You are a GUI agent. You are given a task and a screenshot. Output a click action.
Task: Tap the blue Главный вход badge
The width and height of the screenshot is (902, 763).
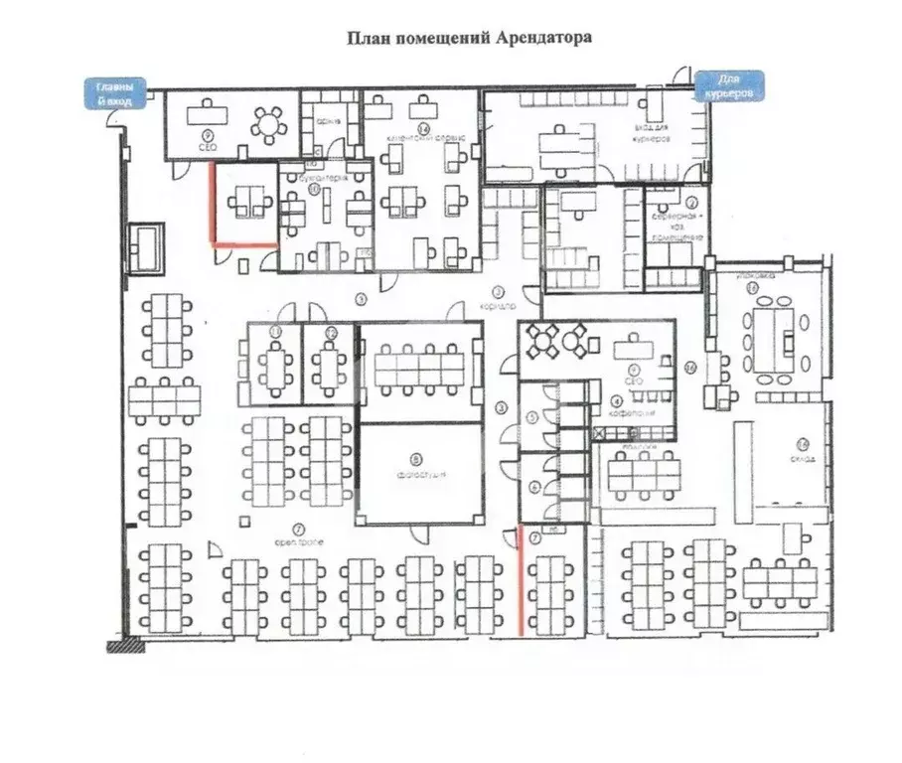pos(113,92)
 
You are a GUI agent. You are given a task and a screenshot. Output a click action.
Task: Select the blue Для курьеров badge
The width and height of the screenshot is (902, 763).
pos(730,84)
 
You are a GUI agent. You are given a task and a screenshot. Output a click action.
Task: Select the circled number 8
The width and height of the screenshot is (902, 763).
pos(416,459)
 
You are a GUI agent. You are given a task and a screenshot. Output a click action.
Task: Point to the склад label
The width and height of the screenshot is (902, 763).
pos(804,458)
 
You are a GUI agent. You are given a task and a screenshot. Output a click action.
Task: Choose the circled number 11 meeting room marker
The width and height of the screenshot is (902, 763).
pos(277,331)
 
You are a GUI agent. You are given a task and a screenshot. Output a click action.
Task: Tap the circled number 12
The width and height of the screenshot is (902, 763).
pos(333,331)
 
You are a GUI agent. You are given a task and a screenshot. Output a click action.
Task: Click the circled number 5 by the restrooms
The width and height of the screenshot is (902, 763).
pos(533,419)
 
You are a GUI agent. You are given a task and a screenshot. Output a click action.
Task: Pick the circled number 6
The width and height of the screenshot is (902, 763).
pos(533,487)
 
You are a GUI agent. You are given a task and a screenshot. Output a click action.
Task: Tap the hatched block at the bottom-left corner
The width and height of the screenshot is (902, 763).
pos(125,646)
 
